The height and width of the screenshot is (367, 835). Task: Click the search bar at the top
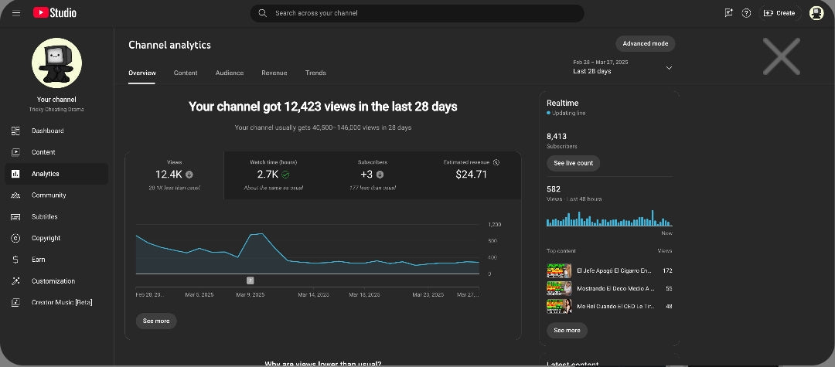pyautogui.click(x=417, y=13)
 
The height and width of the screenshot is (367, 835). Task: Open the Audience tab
pyautogui.click(x=229, y=73)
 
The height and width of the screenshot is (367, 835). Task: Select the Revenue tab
pyautogui.click(x=274, y=73)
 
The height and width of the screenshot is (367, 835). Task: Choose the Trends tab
pyautogui.click(x=315, y=73)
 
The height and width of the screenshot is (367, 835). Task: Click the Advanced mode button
pyautogui.click(x=645, y=43)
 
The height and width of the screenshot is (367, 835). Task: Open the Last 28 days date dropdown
pyautogui.click(x=622, y=67)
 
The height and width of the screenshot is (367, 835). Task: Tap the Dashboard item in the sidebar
pyautogui.click(x=47, y=131)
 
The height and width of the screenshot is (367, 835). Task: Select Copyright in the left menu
pyautogui.click(x=46, y=238)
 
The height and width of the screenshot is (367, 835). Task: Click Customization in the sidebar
pyautogui.click(x=53, y=281)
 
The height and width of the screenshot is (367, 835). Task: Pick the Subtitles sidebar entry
pyautogui.click(x=44, y=216)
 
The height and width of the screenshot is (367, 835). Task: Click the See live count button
pyautogui.click(x=573, y=163)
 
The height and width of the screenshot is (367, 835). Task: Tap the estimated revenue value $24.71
pyautogui.click(x=471, y=175)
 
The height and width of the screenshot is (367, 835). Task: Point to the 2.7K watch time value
pyautogui.click(x=268, y=175)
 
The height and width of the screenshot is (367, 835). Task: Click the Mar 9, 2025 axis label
pyautogui.click(x=250, y=294)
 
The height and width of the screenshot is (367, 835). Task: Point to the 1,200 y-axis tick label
pyautogui.click(x=495, y=225)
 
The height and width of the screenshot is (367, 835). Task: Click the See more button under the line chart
pyautogui.click(x=155, y=321)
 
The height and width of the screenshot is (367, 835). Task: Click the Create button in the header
pyautogui.click(x=779, y=13)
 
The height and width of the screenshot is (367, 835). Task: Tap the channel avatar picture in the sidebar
pyautogui.click(x=56, y=63)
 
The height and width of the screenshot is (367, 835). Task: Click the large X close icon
pyautogui.click(x=781, y=57)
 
